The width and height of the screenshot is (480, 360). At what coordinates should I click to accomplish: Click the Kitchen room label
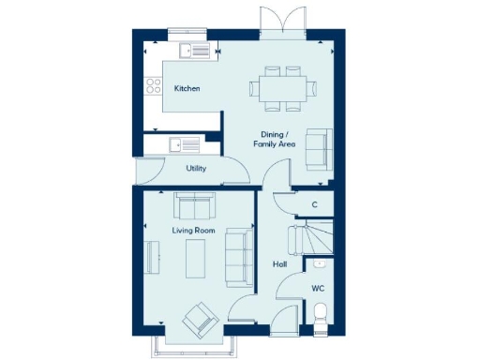(x=187, y=89)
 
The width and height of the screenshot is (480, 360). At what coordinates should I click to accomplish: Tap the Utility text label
(x=196, y=169)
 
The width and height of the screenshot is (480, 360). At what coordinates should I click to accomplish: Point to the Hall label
(x=278, y=264)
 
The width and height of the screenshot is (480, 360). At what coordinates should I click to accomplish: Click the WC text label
(x=318, y=288)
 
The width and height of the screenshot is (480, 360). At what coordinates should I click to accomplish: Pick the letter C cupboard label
(x=314, y=204)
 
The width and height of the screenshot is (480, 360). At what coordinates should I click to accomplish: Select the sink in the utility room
(x=182, y=145)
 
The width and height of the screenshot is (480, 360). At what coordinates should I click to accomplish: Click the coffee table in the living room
(x=197, y=258)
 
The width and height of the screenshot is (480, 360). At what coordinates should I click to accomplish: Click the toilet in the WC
(x=320, y=313)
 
